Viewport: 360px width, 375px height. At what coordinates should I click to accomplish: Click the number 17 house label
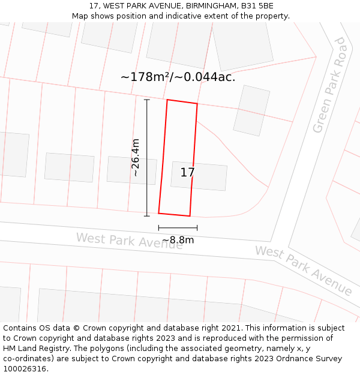(187, 173)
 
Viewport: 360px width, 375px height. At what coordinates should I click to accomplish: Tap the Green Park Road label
(330, 85)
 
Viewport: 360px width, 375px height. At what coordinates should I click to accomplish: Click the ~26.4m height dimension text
(136, 157)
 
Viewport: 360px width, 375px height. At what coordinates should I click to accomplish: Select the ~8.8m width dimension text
(178, 240)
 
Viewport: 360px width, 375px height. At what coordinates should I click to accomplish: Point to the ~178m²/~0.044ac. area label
(178, 77)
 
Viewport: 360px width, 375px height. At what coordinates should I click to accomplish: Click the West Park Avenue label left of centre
(129, 241)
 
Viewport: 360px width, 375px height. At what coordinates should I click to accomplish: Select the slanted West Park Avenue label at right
(304, 270)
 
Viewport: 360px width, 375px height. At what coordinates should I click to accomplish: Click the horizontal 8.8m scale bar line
(178, 228)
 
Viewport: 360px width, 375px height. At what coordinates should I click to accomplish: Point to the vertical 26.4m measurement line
(147, 157)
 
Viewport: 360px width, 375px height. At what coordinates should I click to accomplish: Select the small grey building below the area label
(251, 110)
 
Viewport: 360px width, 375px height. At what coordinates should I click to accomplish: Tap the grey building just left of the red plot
(131, 170)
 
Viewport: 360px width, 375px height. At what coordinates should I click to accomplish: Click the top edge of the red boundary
(182, 101)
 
